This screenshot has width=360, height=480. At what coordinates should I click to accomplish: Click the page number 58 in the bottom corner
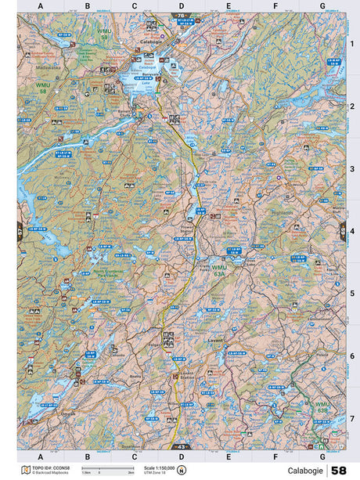[x=338, y=471]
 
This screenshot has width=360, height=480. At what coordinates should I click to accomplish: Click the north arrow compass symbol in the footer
[x=181, y=471]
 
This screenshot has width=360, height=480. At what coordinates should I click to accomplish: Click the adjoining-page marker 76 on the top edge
[x=182, y=15]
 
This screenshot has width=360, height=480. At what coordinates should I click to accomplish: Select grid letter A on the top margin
[x=41, y=7]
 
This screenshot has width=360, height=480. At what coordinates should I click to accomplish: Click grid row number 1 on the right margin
[x=352, y=43]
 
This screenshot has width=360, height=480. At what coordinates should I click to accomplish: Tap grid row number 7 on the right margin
[x=352, y=418]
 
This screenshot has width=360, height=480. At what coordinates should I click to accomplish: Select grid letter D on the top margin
[x=182, y=7]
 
